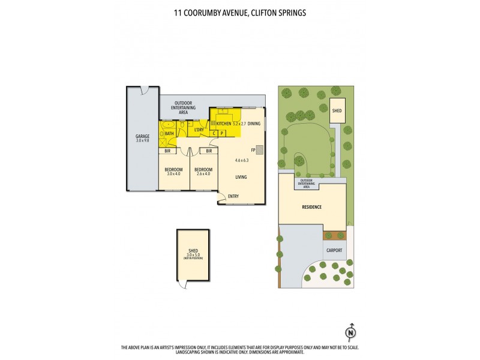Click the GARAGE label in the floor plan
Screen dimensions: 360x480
142,136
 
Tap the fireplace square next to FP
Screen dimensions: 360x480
259,150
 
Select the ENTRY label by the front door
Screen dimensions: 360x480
233,196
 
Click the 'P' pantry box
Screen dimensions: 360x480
222,133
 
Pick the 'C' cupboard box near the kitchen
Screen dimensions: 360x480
214,133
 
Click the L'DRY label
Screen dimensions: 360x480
199,130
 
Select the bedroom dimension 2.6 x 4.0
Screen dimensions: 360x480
203,174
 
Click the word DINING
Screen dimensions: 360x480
254,123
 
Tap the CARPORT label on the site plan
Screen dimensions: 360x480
335,250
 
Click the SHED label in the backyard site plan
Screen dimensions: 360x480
338,110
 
